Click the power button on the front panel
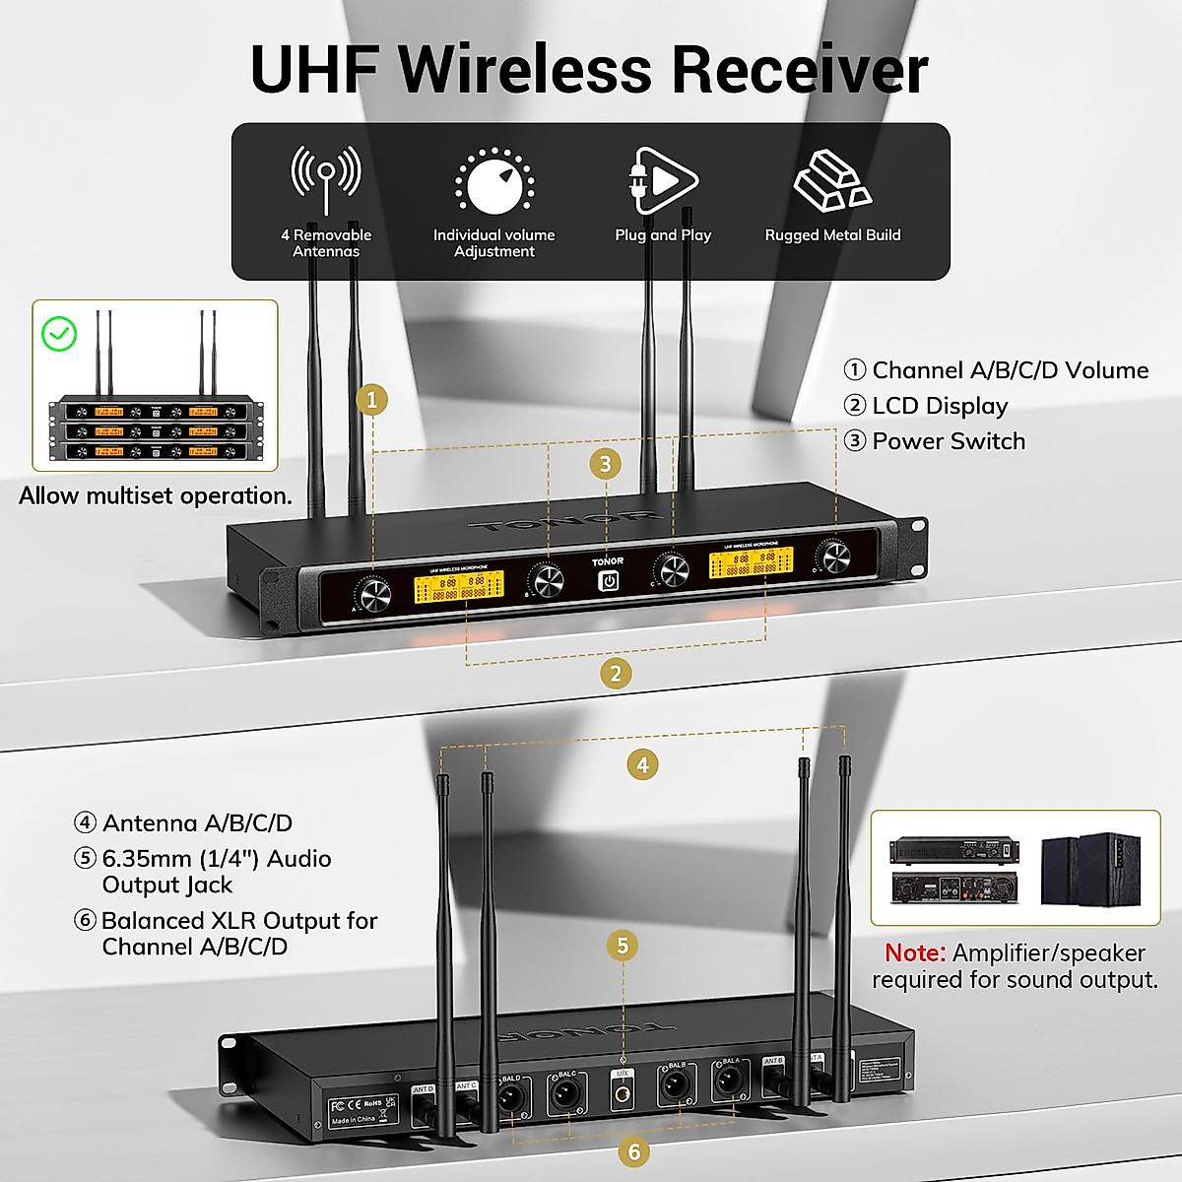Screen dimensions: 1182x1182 [x=609, y=581]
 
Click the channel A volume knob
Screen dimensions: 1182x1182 [x=374, y=595]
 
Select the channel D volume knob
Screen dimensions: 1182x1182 [x=835, y=558]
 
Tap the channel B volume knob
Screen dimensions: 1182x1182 [x=547, y=581]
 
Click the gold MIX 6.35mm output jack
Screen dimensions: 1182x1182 [x=623, y=1091]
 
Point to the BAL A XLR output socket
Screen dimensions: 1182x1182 [x=730, y=1083]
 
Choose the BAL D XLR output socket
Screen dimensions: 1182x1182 [x=511, y=1096]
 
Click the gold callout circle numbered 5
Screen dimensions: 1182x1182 [x=623, y=946]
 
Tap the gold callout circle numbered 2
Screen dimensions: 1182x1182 [x=616, y=674]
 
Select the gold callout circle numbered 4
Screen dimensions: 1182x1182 [x=643, y=764]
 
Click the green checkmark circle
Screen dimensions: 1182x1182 [x=60, y=334]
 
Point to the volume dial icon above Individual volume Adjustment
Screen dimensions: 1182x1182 [x=494, y=183]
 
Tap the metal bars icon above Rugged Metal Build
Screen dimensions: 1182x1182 [x=831, y=182]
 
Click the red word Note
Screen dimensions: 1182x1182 [x=914, y=952]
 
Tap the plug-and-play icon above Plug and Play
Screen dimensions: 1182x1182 [x=662, y=180]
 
